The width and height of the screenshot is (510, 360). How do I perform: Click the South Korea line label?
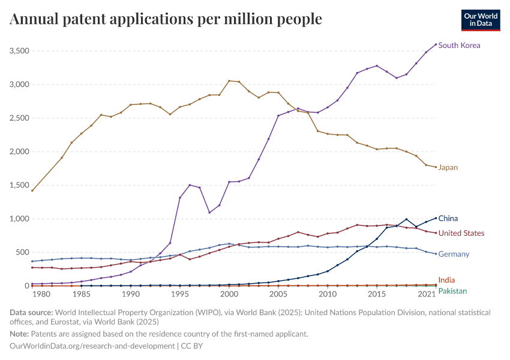(459, 46)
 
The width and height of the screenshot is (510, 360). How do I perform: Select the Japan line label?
(448, 168)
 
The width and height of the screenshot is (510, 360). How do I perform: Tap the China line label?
(448, 219)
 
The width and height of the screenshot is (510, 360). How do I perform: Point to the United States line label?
(461, 233)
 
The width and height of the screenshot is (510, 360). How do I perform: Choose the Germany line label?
(454, 254)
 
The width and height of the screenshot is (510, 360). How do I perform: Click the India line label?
(446, 280)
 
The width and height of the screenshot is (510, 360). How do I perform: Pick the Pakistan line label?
(452, 291)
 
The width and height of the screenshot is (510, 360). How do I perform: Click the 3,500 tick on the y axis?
(20, 51)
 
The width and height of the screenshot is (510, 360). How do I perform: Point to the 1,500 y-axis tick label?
(20, 185)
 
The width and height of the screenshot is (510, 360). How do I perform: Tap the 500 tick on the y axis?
(23, 253)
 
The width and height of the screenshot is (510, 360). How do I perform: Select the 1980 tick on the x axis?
(41, 296)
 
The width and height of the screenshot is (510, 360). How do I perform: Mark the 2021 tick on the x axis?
(427, 296)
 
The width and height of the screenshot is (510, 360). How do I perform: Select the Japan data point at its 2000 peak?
(229, 81)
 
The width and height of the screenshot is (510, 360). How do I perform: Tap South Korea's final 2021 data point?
(436, 44)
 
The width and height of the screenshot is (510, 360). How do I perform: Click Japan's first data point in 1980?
(32, 191)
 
